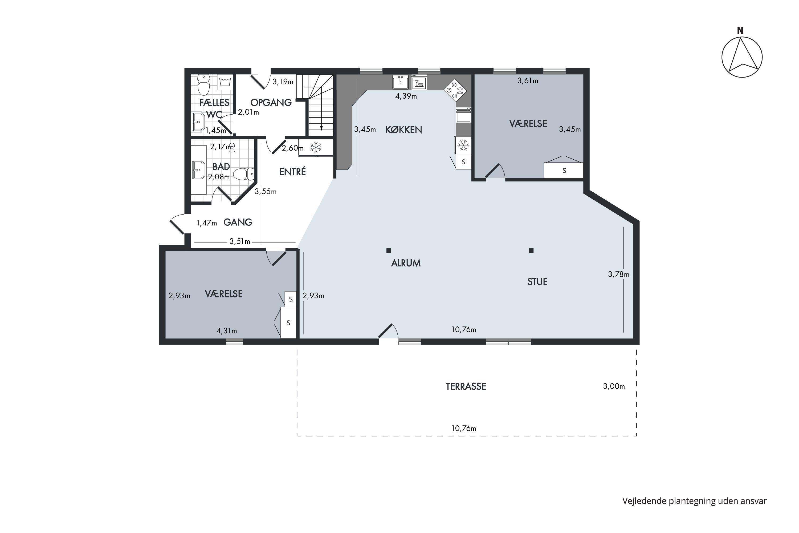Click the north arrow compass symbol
742,57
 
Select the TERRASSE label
466,386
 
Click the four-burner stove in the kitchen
455,90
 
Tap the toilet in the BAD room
244,174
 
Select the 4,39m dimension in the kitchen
406,96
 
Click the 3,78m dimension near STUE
619,274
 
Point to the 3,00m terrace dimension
614,386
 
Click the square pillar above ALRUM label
389,251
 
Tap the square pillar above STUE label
531,251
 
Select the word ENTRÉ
292,172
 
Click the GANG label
238,222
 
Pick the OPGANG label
271,102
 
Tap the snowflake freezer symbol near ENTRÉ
316,148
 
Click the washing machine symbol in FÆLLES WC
225,82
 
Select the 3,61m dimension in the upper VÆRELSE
528,81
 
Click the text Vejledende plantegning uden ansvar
694,501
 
